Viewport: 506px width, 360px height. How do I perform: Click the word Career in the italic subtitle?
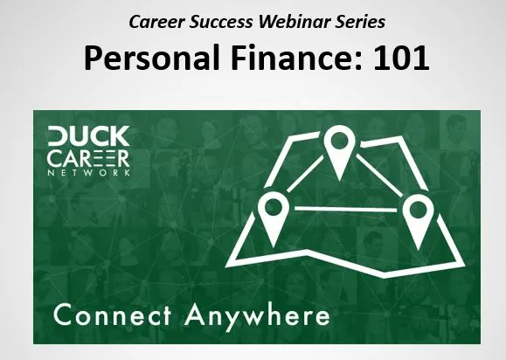[156, 22]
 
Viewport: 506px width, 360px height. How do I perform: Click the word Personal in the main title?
[152, 58]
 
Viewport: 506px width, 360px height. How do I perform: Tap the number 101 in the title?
[401, 58]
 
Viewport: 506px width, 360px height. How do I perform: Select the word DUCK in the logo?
[89, 135]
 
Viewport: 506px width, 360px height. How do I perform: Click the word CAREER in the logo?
[89, 158]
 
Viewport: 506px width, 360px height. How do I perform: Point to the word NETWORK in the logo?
[89, 172]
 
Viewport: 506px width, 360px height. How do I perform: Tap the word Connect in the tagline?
[113, 315]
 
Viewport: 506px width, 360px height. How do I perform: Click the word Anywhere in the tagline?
[257, 317]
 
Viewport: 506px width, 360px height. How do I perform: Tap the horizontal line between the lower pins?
[345, 210]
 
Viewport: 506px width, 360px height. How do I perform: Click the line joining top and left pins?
[305, 174]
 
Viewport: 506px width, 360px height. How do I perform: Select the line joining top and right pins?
[379, 175]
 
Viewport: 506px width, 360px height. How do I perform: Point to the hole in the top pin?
[339, 141]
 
